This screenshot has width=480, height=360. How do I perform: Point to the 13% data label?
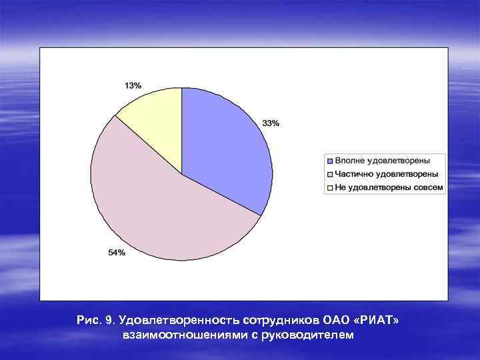click(133, 85)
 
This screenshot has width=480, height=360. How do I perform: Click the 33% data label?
click(271, 123)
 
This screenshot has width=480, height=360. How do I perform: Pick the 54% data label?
click(116, 252)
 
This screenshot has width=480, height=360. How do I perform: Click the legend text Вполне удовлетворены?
click(382, 161)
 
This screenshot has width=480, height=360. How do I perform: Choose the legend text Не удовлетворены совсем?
click(389, 187)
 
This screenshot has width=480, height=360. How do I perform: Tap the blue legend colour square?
click(329, 161)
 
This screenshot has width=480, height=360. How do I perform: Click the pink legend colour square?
click(329, 174)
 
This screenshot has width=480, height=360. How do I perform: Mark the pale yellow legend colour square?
click(329, 187)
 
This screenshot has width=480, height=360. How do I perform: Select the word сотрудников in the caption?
click(283, 321)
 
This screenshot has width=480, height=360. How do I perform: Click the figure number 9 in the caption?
click(111, 321)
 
